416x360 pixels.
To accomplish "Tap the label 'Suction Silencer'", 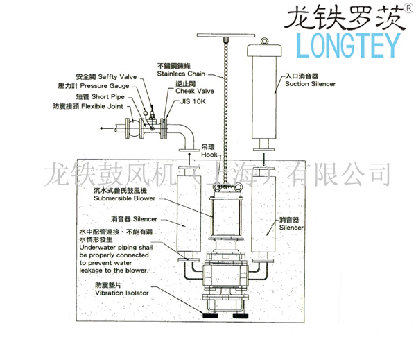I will pyautogui.click(x=309, y=83).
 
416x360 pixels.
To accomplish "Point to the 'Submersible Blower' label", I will pyautogui.click(x=125, y=198).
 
